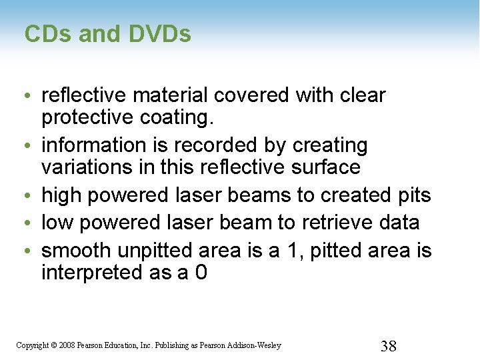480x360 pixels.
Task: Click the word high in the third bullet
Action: [x=61, y=196]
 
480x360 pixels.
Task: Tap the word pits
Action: [x=413, y=196]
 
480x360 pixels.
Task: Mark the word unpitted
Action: [x=157, y=251]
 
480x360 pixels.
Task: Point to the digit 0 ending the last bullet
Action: [x=201, y=272]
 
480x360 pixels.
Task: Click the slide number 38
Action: [x=388, y=345]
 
